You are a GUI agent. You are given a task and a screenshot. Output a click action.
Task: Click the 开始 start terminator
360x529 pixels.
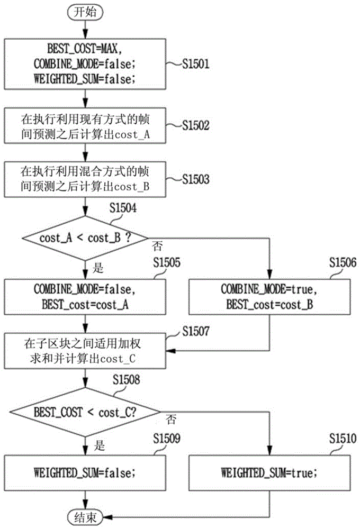85,12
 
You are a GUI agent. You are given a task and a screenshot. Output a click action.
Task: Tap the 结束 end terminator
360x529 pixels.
85,516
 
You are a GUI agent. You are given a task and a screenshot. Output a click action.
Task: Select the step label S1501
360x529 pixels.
196,64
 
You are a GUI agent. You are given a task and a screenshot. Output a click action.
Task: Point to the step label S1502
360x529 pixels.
196,125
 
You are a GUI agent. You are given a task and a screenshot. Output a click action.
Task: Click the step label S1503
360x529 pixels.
196,179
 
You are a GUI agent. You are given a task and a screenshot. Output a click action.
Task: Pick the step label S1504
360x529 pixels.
123,208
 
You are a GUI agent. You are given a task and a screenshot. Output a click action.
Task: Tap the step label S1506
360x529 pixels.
343,262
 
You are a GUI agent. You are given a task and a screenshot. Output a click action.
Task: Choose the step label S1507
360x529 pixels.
196,331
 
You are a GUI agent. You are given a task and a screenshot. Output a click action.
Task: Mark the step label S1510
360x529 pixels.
343,438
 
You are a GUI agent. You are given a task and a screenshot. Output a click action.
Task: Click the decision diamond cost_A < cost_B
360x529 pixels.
85,238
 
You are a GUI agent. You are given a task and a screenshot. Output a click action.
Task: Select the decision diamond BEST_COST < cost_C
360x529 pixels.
85,412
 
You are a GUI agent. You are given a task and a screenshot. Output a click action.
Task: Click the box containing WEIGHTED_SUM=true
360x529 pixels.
269,472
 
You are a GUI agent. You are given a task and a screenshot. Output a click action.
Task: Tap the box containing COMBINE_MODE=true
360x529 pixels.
269,297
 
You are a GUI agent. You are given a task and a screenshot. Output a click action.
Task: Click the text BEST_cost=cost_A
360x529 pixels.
85,305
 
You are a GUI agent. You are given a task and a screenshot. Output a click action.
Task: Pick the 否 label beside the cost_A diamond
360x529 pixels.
157,246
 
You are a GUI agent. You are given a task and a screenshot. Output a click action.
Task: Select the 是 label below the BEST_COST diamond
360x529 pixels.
100,445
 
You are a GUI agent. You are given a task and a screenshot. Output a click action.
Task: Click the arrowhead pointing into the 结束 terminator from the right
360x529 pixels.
107,516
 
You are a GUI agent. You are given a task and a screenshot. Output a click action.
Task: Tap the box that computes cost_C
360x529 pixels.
85,351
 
